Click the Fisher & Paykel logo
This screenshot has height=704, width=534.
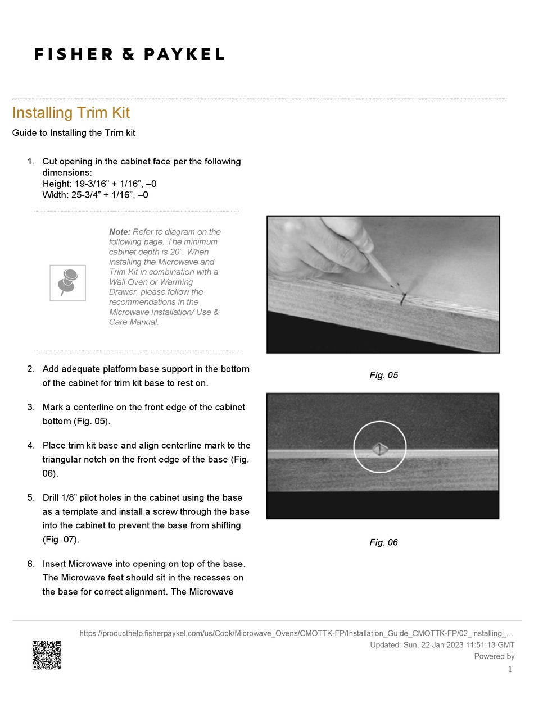[129, 54]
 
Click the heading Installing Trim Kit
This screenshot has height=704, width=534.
[71, 113]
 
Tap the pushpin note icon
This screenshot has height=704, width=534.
[67, 282]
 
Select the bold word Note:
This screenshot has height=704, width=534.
[120, 232]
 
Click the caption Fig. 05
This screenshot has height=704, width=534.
[383, 375]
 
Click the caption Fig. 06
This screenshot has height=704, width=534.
[383, 542]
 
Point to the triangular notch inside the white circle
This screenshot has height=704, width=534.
[380, 448]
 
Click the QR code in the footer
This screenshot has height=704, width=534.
[47, 655]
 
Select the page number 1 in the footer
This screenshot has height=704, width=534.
[510, 669]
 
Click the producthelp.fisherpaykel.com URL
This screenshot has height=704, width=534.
[296, 634]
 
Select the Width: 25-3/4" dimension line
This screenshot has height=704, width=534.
[96, 195]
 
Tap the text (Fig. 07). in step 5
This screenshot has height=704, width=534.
[61, 540]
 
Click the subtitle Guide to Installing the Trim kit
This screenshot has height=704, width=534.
[74, 133]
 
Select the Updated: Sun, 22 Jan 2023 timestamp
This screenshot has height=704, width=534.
[442, 645]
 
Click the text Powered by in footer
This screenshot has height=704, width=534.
[494, 656]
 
